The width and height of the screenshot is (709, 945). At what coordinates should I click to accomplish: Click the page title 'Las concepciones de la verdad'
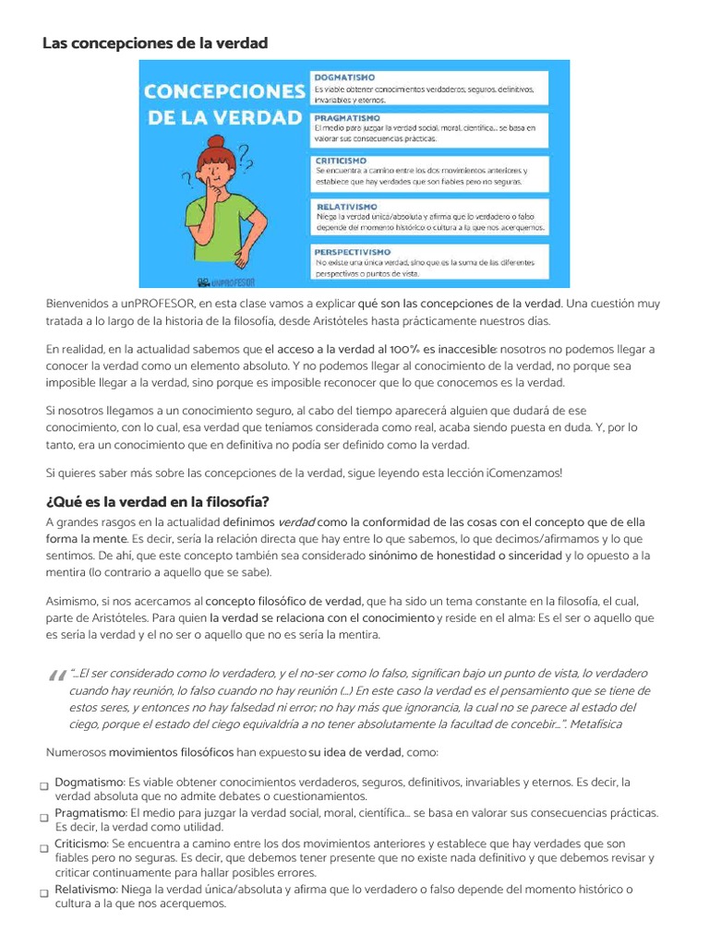click(155, 42)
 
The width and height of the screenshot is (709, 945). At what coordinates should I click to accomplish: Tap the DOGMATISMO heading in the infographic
click(343, 78)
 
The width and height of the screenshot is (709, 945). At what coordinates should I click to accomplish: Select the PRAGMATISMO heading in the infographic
click(347, 119)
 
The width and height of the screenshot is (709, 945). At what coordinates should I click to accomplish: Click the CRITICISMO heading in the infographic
click(341, 161)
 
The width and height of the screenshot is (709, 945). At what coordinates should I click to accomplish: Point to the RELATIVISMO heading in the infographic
click(346, 207)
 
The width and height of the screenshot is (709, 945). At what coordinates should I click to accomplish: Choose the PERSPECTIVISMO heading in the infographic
click(355, 251)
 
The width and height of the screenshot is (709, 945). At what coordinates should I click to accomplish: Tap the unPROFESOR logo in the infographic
click(226, 281)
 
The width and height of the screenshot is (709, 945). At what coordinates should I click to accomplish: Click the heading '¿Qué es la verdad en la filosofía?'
click(157, 502)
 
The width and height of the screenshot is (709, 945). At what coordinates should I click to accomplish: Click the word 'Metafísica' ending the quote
click(596, 724)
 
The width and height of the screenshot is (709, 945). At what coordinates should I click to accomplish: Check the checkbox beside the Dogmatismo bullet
click(43, 785)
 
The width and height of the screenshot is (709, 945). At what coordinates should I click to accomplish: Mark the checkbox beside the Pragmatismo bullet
click(43, 817)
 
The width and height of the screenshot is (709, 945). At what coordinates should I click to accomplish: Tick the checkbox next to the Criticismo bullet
click(43, 848)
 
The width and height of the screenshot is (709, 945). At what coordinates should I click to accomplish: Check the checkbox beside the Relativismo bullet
click(43, 893)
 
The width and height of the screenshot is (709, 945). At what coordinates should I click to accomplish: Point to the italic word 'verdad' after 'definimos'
click(296, 522)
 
